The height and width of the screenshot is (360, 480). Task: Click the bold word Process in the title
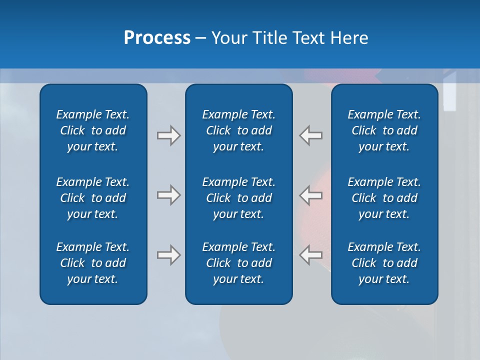(157, 38)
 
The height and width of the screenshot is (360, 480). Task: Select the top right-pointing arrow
(168, 135)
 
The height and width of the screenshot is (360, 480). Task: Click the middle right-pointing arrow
(168, 195)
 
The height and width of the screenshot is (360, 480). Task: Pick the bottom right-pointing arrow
(168, 255)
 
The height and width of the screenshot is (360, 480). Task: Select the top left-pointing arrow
(311, 135)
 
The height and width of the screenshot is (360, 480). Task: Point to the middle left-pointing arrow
(311, 195)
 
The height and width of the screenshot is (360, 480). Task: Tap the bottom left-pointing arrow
(311, 255)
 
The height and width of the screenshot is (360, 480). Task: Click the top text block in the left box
(93, 130)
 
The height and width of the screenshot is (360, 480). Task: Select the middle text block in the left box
(93, 198)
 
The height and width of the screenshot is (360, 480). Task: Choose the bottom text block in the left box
(93, 263)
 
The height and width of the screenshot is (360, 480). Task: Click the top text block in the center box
(239, 130)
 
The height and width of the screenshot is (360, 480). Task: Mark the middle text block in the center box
(239, 198)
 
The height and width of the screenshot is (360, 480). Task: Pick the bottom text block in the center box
(239, 263)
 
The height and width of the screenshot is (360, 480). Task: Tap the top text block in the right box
(384, 130)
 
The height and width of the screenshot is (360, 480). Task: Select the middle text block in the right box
(384, 198)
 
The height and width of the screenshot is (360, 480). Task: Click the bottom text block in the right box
(384, 263)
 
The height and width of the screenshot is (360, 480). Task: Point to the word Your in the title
(228, 38)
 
